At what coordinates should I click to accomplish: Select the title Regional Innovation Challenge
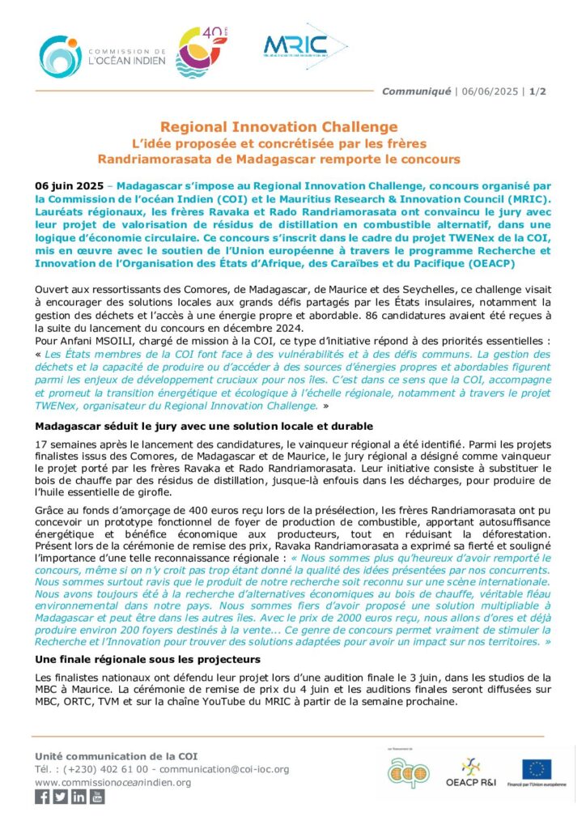tap(278, 126)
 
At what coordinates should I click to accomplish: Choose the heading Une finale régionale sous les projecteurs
tap(148, 660)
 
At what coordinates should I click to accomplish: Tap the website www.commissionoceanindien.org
tap(113, 782)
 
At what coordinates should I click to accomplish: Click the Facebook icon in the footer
tap(42, 797)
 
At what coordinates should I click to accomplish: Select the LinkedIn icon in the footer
tap(79, 797)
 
